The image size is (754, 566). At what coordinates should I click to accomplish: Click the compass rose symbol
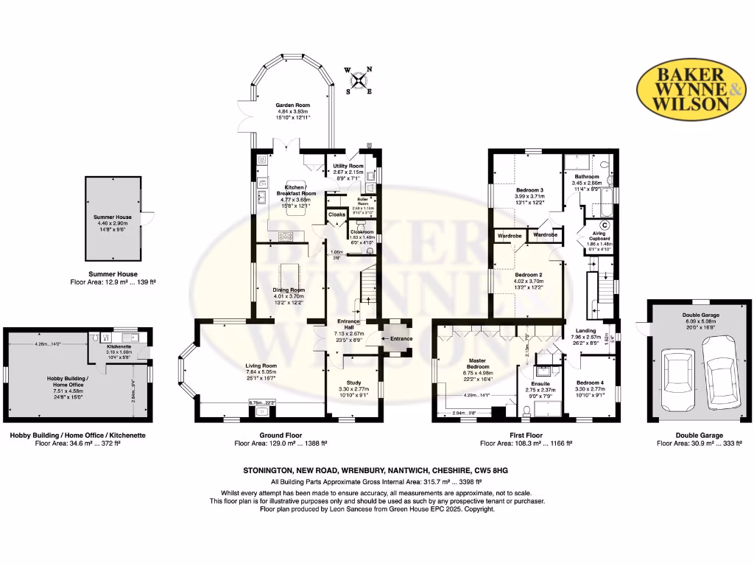point(359,80)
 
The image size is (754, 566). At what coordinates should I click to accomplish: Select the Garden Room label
point(289,106)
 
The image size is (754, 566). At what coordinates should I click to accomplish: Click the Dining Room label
point(289,290)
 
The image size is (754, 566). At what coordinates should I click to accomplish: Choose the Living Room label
point(261,366)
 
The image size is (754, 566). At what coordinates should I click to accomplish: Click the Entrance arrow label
point(401,338)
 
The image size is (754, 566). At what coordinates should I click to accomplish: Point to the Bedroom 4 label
point(590,382)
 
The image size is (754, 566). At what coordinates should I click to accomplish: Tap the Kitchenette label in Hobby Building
point(119,346)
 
